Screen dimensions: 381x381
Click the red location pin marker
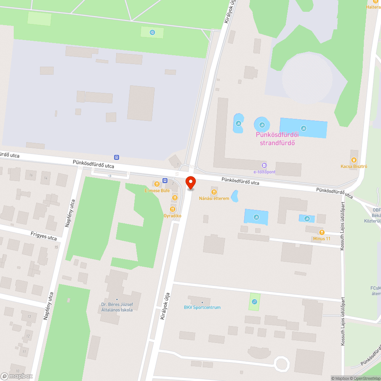coord(190,183)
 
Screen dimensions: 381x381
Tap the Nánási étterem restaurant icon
coord(214,192)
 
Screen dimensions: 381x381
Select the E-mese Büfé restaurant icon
coord(157,184)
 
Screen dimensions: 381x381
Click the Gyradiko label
coord(173,216)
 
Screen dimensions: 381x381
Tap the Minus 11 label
coord(322,239)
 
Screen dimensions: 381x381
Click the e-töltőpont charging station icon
coord(264,165)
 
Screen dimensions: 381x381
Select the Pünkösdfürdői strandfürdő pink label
coord(277,139)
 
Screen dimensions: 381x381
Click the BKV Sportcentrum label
coord(202,307)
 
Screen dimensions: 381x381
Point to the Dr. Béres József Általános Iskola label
coord(117,307)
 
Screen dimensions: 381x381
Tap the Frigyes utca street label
coord(44,237)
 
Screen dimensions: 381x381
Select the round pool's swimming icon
coord(262,124)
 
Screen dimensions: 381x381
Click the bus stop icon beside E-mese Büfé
coord(165,180)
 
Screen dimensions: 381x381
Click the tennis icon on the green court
coord(255,302)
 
